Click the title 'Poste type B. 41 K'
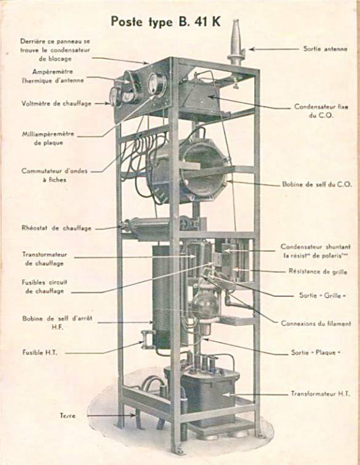coord(166,22)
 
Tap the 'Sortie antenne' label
coord(325,49)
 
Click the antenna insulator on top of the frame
coord(236,43)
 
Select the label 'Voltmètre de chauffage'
coord(56,103)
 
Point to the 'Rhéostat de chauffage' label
coord(56,228)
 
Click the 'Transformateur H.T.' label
coord(320,394)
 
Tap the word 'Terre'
coord(68,416)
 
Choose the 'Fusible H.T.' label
coord(40,353)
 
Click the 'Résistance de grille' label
coord(318,272)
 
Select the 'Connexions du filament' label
coord(316,323)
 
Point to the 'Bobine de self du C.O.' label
coord(317,184)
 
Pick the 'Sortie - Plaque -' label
coord(315,353)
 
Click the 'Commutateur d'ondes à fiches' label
coord(55,176)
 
